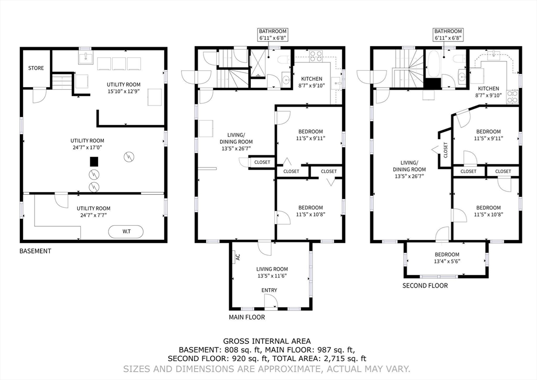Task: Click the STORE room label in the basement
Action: tap(36, 68)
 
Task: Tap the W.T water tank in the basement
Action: tap(126, 231)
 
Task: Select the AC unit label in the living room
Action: tap(238, 257)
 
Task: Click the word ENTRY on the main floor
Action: tap(270, 290)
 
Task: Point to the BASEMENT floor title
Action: tap(35, 251)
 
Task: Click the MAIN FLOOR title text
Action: tap(246, 318)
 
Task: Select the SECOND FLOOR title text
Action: tap(425, 286)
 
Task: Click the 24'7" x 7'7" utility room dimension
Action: tap(94, 215)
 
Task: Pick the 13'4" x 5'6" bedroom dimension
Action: tap(446, 262)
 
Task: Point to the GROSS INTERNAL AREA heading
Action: tap(267, 341)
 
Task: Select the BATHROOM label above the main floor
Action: tap(271, 31)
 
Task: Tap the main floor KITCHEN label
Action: tap(312, 79)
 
